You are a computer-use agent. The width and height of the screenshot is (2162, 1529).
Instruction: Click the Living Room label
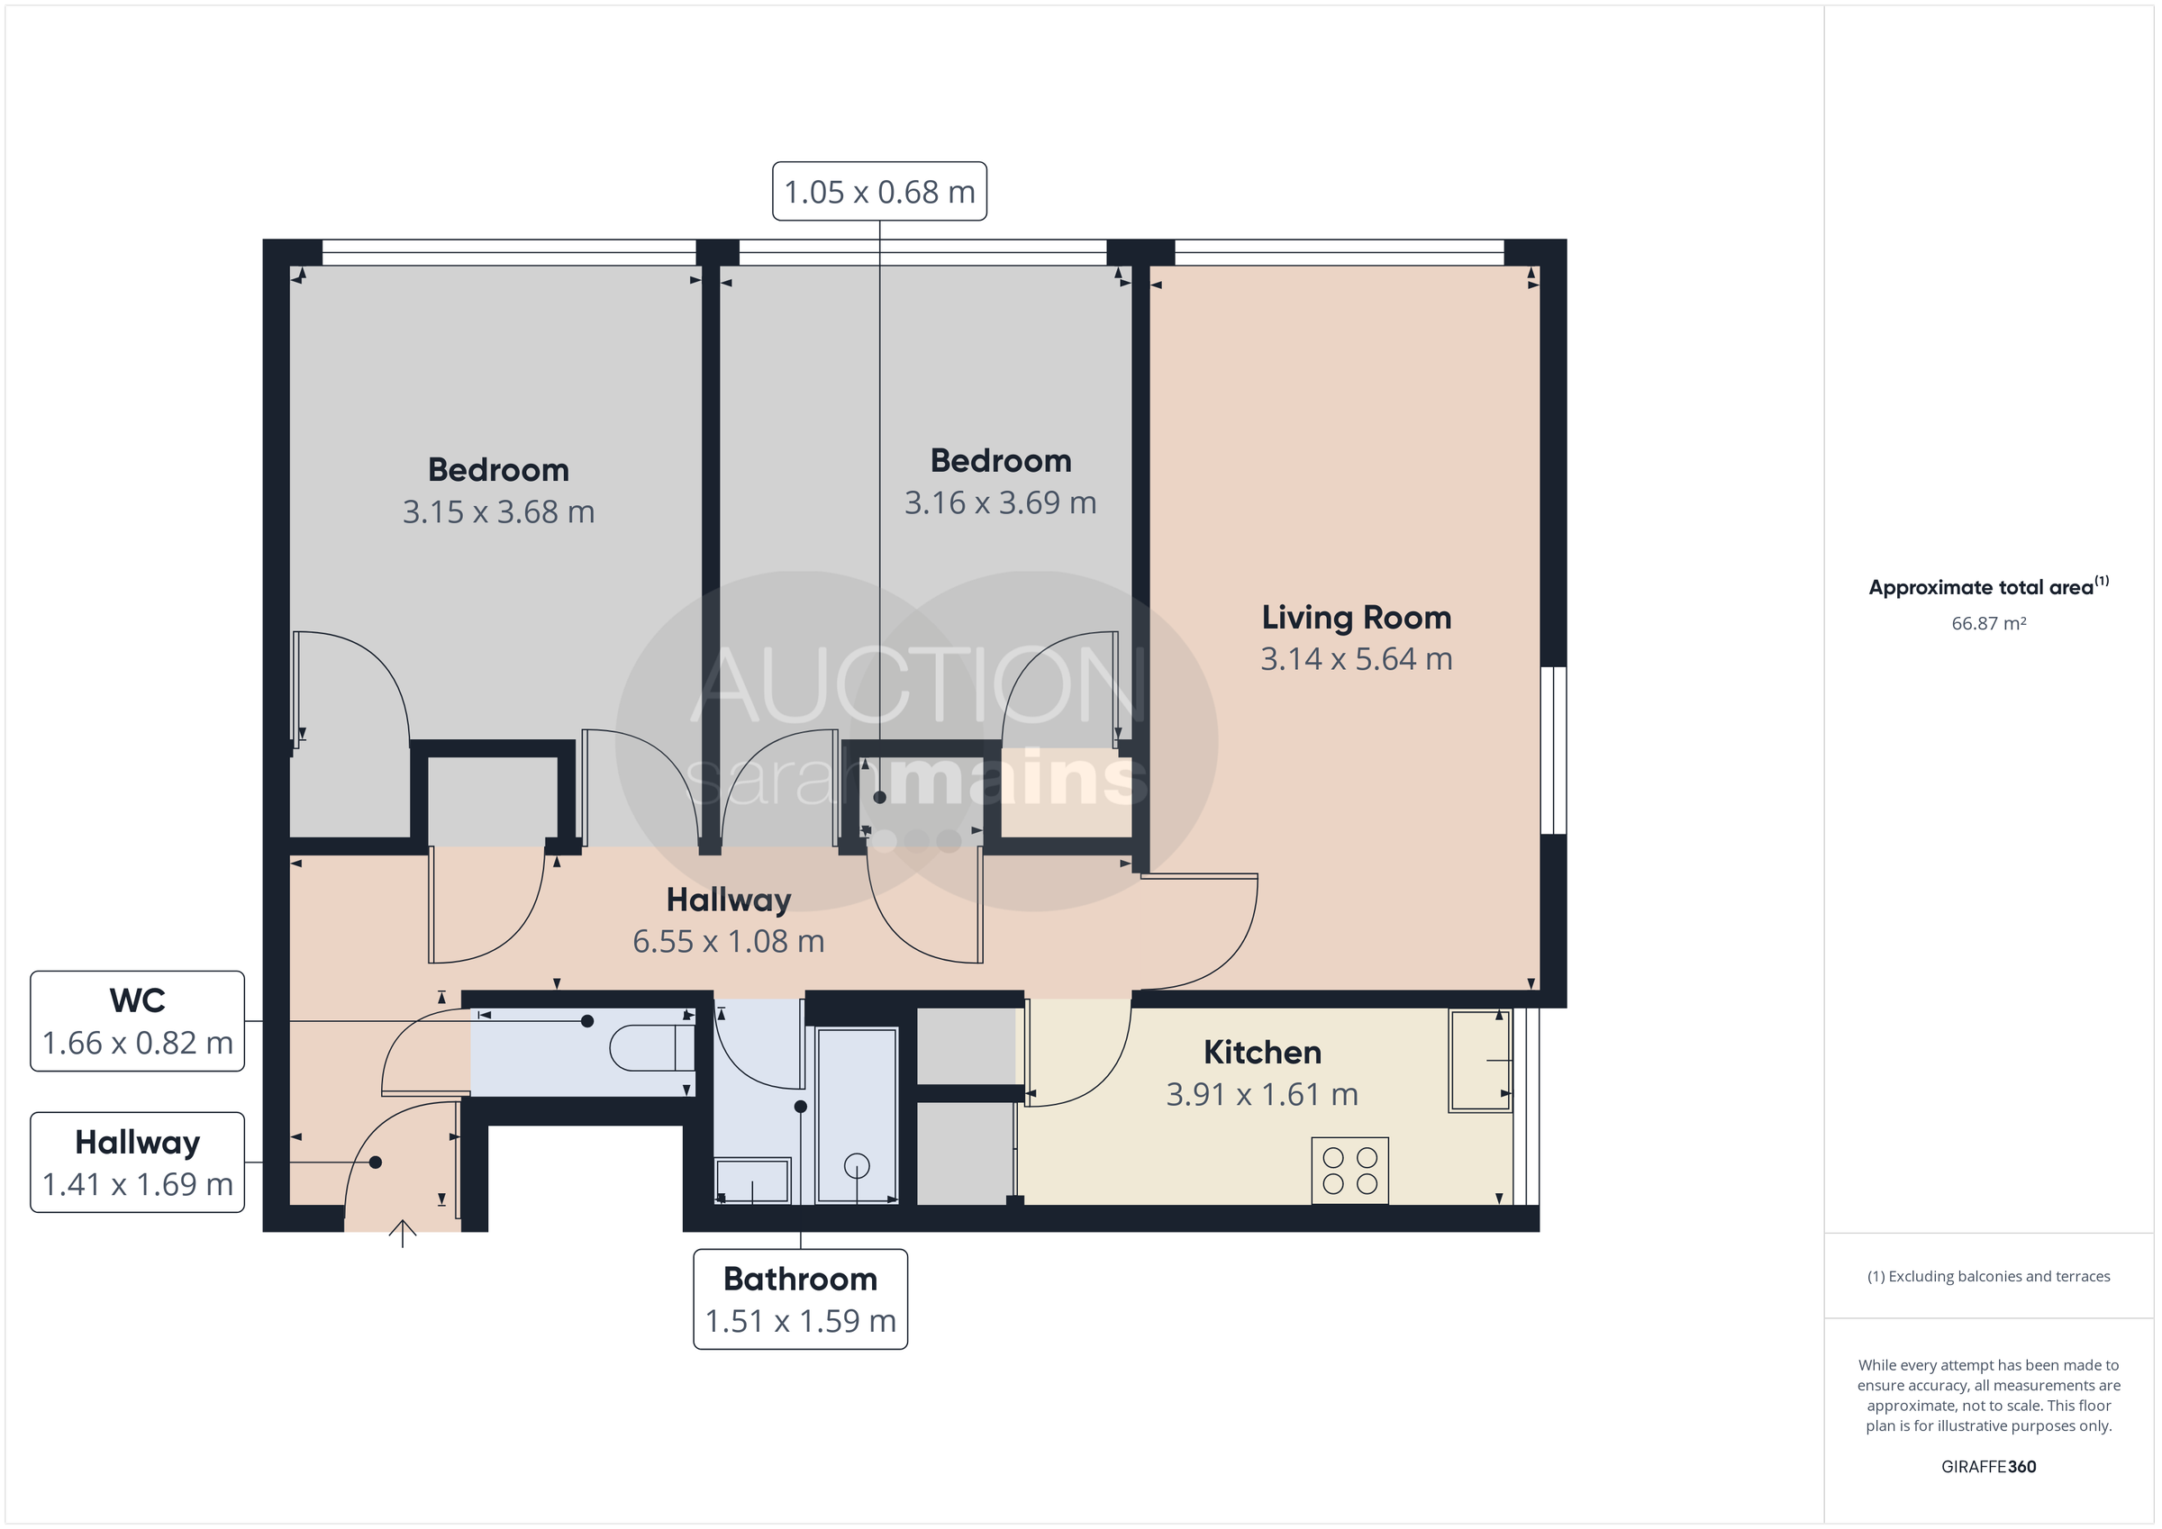pos(1356,618)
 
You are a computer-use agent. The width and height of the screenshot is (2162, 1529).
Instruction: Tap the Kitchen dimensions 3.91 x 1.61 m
pos(1262,1094)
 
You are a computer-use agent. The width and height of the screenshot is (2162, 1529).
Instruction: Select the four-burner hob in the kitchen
pos(1349,1172)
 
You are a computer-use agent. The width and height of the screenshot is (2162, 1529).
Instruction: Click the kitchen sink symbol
pos(1480,1060)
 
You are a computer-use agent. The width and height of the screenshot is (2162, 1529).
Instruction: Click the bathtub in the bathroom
pos(857,1116)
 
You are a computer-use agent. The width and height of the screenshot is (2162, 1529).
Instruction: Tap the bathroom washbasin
pos(752,1181)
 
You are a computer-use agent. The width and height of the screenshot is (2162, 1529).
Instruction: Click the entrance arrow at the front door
pos(403,1233)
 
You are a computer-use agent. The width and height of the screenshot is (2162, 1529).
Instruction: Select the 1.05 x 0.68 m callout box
pos(879,192)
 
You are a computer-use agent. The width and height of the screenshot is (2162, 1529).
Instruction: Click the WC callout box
pos(138,1021)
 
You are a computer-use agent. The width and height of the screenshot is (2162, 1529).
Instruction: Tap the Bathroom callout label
pos(801,1299)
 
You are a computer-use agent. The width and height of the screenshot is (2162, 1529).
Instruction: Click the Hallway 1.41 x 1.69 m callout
pos(138,1163)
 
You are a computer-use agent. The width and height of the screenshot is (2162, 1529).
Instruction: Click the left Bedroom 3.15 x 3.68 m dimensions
pos(498,512)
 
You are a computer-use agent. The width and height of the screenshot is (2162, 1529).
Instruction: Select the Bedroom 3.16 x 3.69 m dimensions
pos(1000,502)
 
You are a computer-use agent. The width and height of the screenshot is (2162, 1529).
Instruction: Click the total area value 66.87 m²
pos(1988,623)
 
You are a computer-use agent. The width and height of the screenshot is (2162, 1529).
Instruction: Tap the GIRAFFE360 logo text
pos(1988,1466)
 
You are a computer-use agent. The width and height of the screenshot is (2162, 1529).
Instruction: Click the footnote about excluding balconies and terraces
pos(1988,1276)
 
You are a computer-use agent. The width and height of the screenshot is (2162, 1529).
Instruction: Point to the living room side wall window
pos(1554,750)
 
